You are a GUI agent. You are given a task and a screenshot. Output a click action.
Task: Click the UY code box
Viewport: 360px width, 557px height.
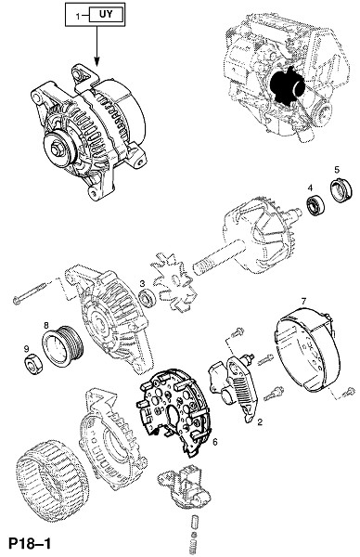(107, 15)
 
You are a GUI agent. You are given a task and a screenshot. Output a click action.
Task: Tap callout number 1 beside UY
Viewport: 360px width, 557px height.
(78, 16)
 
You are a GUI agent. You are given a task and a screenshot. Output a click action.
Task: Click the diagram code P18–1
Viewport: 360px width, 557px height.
(30, 543)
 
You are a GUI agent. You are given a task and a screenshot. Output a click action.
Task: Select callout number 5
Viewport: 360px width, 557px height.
(337, 170)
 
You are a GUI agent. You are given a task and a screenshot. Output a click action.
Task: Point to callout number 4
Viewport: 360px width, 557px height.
(310, 188)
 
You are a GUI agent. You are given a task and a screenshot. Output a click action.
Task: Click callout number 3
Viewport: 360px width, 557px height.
(142, 283)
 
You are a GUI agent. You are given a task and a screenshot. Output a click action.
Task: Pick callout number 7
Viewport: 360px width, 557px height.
(303, 302)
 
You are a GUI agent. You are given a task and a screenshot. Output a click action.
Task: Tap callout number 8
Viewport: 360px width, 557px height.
(46, 325)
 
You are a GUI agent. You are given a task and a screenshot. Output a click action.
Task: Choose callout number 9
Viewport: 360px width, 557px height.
(26, 349)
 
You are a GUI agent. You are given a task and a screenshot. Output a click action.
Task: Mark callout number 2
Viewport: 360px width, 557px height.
(260, 422)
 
